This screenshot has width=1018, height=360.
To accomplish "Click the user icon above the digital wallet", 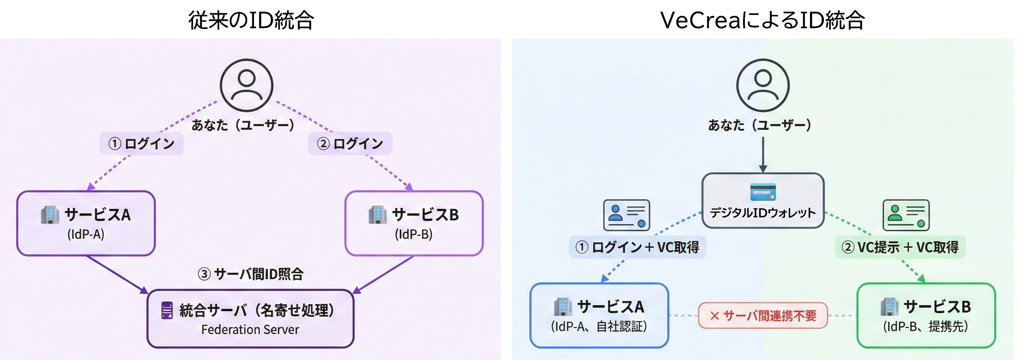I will pos(763,85).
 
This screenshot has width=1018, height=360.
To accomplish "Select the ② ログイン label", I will pos(350,143).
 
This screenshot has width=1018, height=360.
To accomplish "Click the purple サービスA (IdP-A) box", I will pos(86,223).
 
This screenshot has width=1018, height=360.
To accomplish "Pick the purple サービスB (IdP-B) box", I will pos(414,223).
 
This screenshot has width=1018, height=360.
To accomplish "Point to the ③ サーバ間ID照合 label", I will pos(251,274).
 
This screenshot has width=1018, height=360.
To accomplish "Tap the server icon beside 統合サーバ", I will pos(167,310).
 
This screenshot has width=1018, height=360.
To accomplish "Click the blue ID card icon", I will pos(626,215).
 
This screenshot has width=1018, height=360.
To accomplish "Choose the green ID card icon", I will pos(906,215).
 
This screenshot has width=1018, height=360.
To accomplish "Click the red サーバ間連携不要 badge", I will pos(763,315).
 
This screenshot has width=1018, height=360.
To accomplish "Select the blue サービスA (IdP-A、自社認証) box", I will pos(599,316).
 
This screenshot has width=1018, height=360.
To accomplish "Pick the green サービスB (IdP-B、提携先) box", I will pos(926,316).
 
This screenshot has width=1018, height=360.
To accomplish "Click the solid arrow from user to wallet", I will pos(763,154).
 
